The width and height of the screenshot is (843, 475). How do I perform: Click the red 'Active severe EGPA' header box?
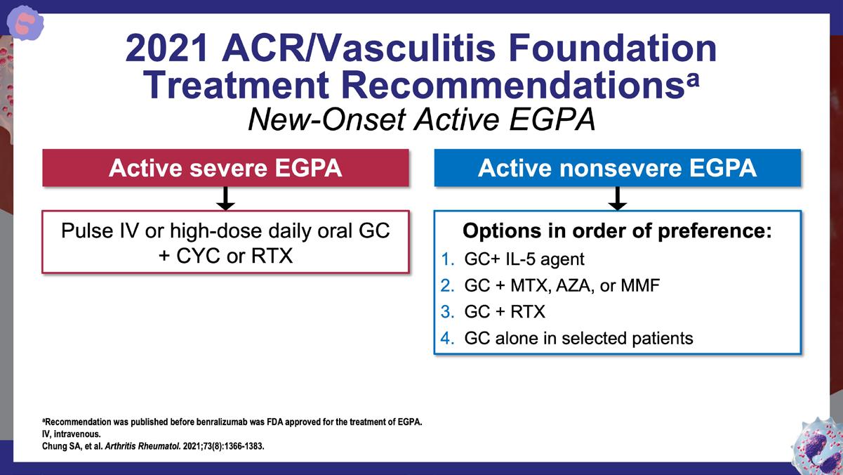(225, 168)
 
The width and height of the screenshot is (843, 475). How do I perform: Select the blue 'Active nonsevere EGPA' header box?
(617, 168)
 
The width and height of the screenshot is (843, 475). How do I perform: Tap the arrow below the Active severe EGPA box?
(225, 199)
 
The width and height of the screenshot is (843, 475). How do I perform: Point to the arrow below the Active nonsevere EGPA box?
(617, 199)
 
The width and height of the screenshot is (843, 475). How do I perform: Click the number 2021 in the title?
(166, 48)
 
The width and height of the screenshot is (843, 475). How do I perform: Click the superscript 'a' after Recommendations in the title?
(693, 79)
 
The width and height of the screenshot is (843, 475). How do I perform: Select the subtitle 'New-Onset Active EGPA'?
(421, 119)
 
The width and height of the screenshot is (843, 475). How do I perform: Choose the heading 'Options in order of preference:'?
(617, 230)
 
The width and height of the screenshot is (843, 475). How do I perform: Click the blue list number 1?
(447, 259)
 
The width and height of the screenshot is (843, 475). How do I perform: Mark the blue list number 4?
(447, 338)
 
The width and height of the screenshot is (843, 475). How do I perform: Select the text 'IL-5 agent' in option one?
(545, 259)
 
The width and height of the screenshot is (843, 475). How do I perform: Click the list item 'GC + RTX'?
(505, 312)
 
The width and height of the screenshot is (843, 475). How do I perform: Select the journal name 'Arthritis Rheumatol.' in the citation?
(142, 446)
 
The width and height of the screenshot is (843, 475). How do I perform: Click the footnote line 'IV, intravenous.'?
(72, 434)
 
